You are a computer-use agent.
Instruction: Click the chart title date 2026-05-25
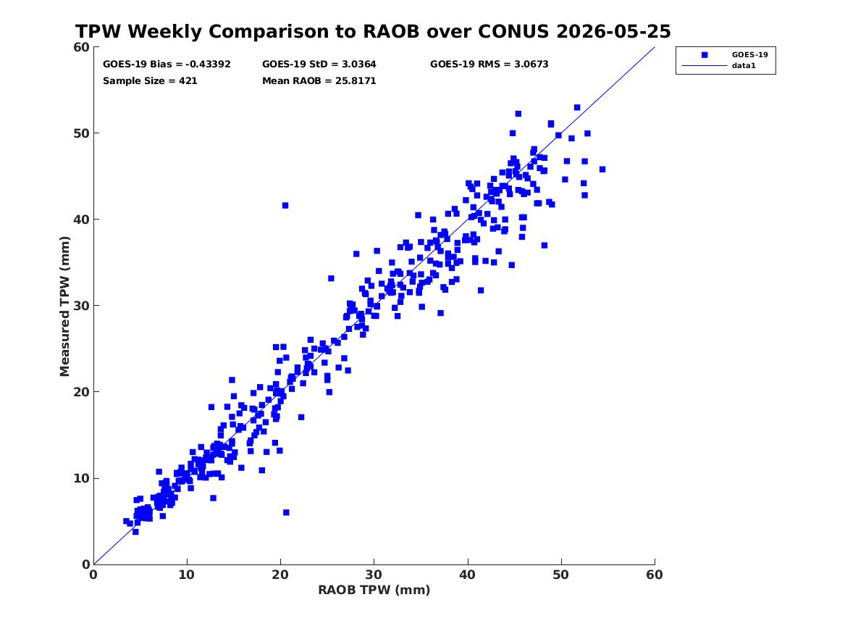613,31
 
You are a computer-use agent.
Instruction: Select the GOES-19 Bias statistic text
167,64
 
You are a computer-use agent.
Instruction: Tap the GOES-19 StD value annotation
319,64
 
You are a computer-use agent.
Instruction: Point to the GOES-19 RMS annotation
489,64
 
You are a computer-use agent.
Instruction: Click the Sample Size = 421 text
150,81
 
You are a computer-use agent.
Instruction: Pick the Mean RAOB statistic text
319,81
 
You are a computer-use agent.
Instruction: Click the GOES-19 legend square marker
704,54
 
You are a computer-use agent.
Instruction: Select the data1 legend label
744,66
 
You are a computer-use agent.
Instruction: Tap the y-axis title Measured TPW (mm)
64,306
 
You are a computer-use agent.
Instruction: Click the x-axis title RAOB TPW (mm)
374,590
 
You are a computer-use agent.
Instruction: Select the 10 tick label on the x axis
187,575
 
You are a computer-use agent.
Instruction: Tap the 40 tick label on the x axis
467,575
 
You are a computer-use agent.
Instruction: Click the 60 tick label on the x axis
655,575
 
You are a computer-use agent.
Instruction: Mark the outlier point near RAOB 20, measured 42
285,205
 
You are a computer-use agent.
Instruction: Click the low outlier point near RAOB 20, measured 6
286,512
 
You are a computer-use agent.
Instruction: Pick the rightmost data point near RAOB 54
602,170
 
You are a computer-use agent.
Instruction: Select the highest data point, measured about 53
577,107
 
